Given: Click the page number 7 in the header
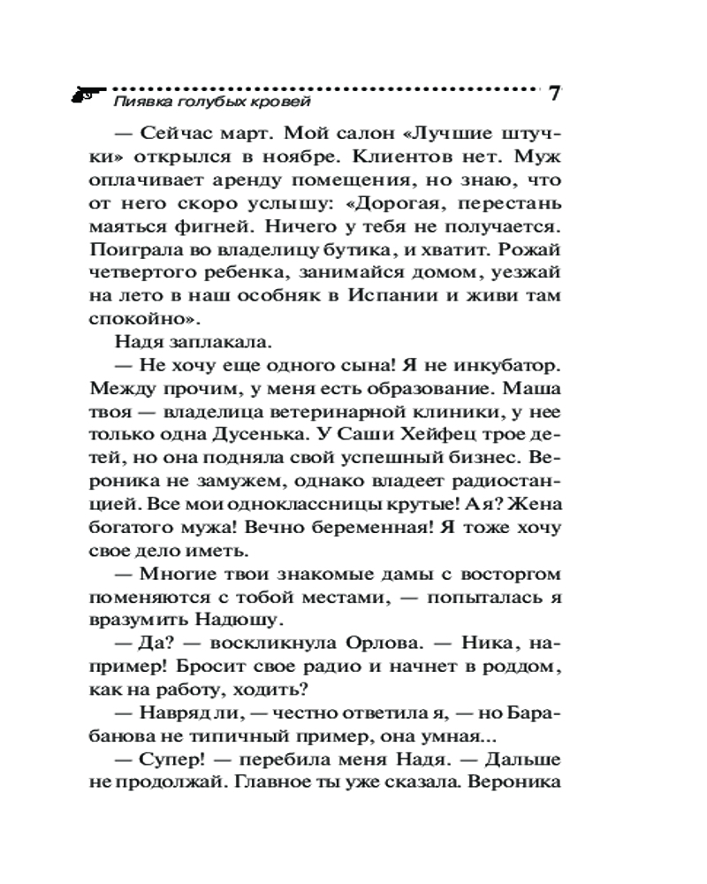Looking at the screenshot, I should pyautogui.click(x=555, y=93).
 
